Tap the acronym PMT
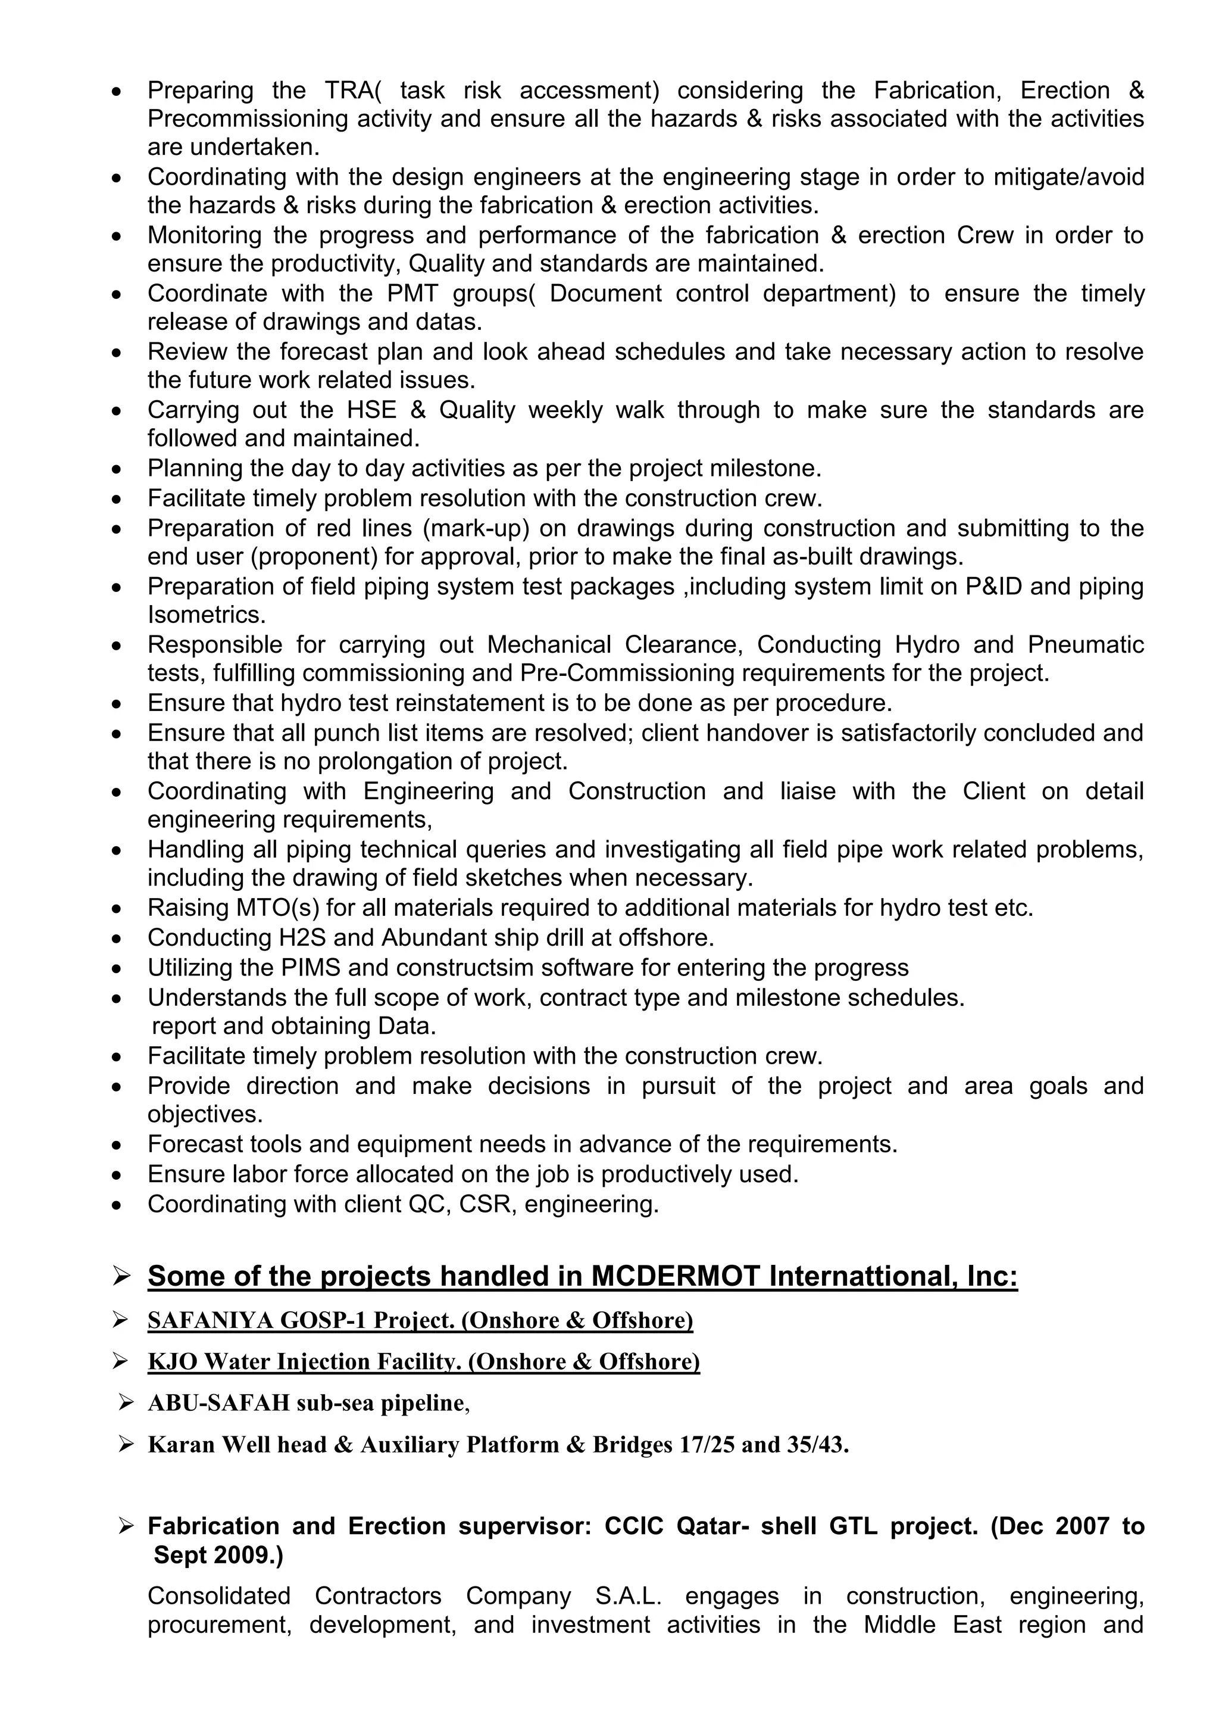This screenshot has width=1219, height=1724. [412, 293]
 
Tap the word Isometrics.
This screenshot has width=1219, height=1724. [207, 615]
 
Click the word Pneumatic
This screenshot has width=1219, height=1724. [1086, 645]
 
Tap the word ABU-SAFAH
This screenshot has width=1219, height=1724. [218, 1402]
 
